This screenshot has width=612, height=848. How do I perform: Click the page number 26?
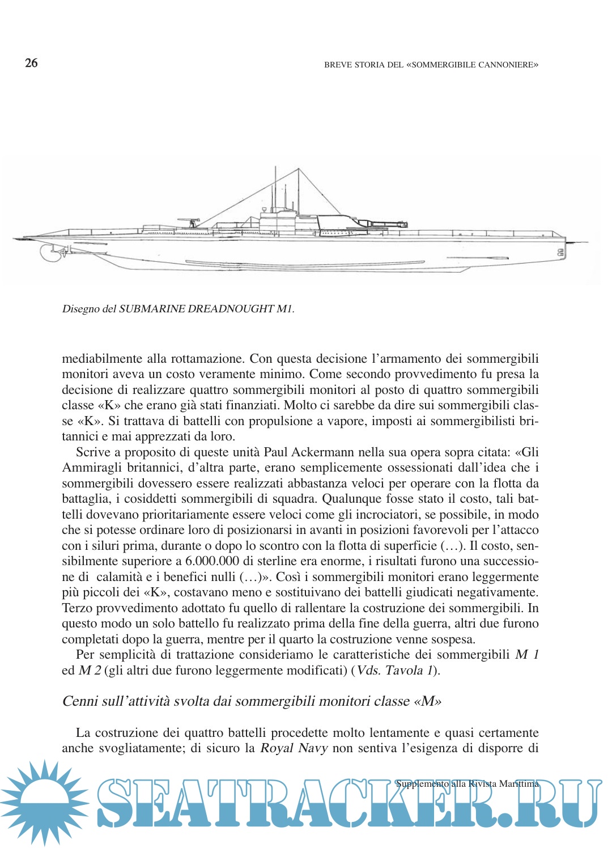pos(31,63)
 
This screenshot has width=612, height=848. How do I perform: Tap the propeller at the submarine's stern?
pos(50,253)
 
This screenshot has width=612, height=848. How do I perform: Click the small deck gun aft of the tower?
pos(189,222)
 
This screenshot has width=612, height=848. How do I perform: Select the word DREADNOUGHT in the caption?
pos(230,309)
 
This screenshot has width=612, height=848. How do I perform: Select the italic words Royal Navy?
pos(294,748)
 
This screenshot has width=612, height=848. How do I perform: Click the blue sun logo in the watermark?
pos(44,801)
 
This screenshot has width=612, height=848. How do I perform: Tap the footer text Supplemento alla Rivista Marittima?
pos(467,784)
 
